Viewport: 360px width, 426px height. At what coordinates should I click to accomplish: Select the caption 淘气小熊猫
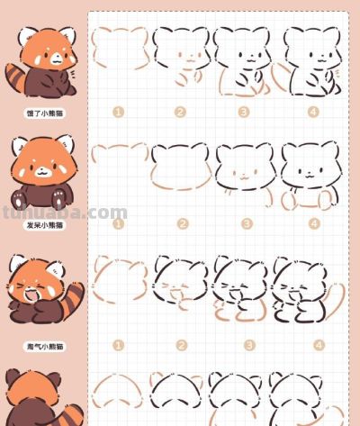tap(43, 345)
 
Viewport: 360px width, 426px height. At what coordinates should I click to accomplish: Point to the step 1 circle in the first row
tap(117, 113)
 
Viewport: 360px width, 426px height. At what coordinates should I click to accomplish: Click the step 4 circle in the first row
tap(313, 113)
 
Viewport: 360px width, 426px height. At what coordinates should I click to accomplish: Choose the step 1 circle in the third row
tap(117, 345)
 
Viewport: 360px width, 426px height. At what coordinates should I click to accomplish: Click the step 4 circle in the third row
tap(313, 345)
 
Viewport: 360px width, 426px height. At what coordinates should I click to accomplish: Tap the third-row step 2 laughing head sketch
tap(181, 281)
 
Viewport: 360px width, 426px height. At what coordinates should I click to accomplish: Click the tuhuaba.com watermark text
tap(63, 213)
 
